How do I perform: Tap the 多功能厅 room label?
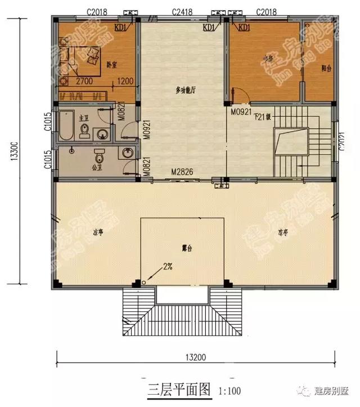(185, 91)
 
